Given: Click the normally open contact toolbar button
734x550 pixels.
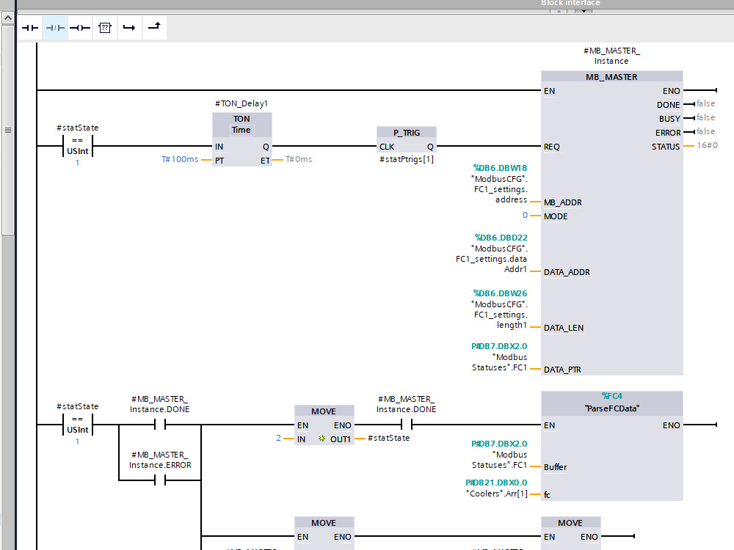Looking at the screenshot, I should pos(29,28).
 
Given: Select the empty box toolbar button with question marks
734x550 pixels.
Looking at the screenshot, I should pos(104,28).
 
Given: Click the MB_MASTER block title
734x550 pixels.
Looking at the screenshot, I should pos(611,77).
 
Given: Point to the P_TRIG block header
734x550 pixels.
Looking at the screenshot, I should pos(407,133).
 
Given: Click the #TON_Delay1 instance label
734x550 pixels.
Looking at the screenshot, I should pos(241,104).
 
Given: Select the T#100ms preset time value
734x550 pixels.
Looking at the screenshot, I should pos(180,160).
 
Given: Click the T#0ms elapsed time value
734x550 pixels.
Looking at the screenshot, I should pos(298,160).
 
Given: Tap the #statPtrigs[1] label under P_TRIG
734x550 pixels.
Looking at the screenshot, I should pos(407,159).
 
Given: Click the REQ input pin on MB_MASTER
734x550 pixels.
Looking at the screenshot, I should pos(553,147).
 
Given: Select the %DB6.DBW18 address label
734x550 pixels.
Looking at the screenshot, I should pos(501,168).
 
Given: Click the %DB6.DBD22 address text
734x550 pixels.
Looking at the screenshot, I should pos(501,238).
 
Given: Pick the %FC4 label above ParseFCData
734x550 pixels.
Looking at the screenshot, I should pos(611,396).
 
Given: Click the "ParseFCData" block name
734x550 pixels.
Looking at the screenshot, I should pos(611,408).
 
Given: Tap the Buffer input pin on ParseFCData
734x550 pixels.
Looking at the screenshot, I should pos(555,466).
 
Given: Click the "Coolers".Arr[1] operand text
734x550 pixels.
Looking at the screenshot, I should pos(496,493).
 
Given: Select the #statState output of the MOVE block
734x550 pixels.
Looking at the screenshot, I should pos(389,439).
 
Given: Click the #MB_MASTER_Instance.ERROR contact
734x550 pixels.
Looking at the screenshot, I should pos(159,481).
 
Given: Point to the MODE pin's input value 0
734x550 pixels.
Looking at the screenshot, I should pos(525,216).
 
